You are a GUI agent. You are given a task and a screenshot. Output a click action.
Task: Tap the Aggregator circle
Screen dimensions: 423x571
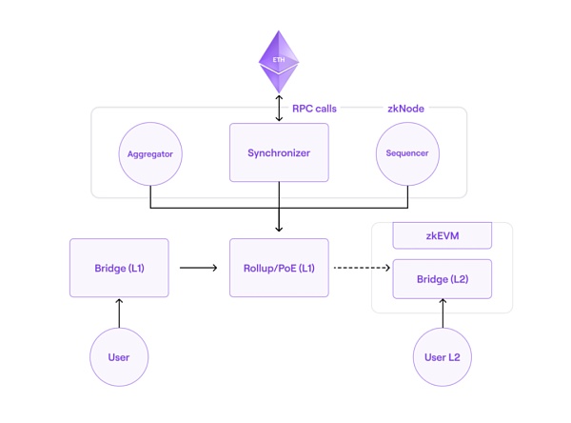[x=150, y=152]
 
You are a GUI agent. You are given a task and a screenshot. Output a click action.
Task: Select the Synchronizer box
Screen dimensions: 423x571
[x=279, y=152]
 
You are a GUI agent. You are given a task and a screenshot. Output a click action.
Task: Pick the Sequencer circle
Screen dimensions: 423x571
[x=406, y=152]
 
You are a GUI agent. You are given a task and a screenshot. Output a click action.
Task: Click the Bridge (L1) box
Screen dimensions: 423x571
[x=119, y=268]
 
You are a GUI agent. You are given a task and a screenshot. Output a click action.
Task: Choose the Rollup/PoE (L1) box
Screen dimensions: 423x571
[x=279, y=268]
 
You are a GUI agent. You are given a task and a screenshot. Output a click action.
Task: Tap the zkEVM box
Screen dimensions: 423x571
[x=442, y=235]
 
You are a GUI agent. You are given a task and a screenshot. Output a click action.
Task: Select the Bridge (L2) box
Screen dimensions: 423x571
[x=442, y=279]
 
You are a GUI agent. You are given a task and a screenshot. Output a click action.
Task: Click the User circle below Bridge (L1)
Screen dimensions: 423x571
[x=119, y=357]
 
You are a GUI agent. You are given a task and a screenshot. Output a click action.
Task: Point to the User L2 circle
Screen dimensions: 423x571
[x=442, y=357]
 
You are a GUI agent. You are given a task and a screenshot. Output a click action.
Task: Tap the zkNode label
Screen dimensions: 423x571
[x=405, y=109]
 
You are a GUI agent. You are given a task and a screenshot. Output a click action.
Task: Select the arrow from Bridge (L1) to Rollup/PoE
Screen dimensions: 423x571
[x=198, y=268]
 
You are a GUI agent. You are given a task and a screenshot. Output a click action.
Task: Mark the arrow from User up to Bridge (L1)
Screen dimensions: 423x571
[x=119, y=312]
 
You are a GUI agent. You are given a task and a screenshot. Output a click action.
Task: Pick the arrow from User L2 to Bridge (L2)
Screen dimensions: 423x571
[x=442, y=313]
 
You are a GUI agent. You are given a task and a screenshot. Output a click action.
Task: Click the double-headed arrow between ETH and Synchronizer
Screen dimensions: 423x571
[x=279, y=107]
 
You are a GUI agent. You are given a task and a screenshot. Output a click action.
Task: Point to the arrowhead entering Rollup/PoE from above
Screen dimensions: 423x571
[x=279, y=228]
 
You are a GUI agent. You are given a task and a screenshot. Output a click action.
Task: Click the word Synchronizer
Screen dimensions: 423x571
[x=279, y=152]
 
